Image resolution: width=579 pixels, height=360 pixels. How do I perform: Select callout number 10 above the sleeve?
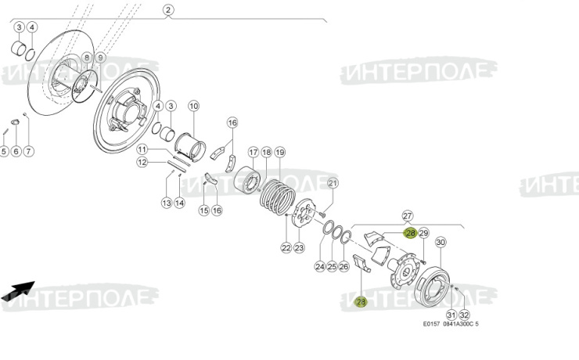click(193, 106)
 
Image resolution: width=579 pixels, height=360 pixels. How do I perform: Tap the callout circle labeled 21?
click(332, 184)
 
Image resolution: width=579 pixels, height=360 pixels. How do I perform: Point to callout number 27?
click(407, 215)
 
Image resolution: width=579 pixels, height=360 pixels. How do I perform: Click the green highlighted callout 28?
click(410, 232)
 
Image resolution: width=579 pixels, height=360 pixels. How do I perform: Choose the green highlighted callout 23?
click(361, 302)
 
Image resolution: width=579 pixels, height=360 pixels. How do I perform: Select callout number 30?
click(441, 243)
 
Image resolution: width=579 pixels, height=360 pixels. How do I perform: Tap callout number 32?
click(464, 315)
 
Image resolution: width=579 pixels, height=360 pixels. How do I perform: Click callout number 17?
click(254, 152)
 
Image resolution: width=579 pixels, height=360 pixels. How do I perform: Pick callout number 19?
click(279, 152)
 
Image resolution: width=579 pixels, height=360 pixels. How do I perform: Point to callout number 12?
click(142, 162)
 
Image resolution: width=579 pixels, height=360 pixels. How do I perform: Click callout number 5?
click(5, 151)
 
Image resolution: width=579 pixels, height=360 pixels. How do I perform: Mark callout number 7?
click(30, 151)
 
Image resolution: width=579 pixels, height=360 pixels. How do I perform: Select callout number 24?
click(319, 267)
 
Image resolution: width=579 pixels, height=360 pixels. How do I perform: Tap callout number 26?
click(345, 267)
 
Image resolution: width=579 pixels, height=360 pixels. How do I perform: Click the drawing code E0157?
click(431, 324)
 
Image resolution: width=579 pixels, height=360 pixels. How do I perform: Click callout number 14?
click(179, 203)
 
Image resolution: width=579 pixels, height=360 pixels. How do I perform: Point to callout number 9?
click(99, 58)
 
